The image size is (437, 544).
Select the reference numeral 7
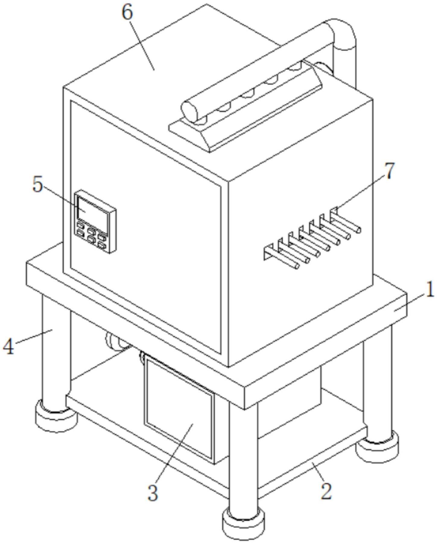pos(389,171)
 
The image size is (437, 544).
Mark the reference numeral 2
pos(326,491)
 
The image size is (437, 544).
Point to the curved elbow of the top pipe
pos(344,33)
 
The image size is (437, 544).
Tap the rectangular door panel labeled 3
pos(179,405)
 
